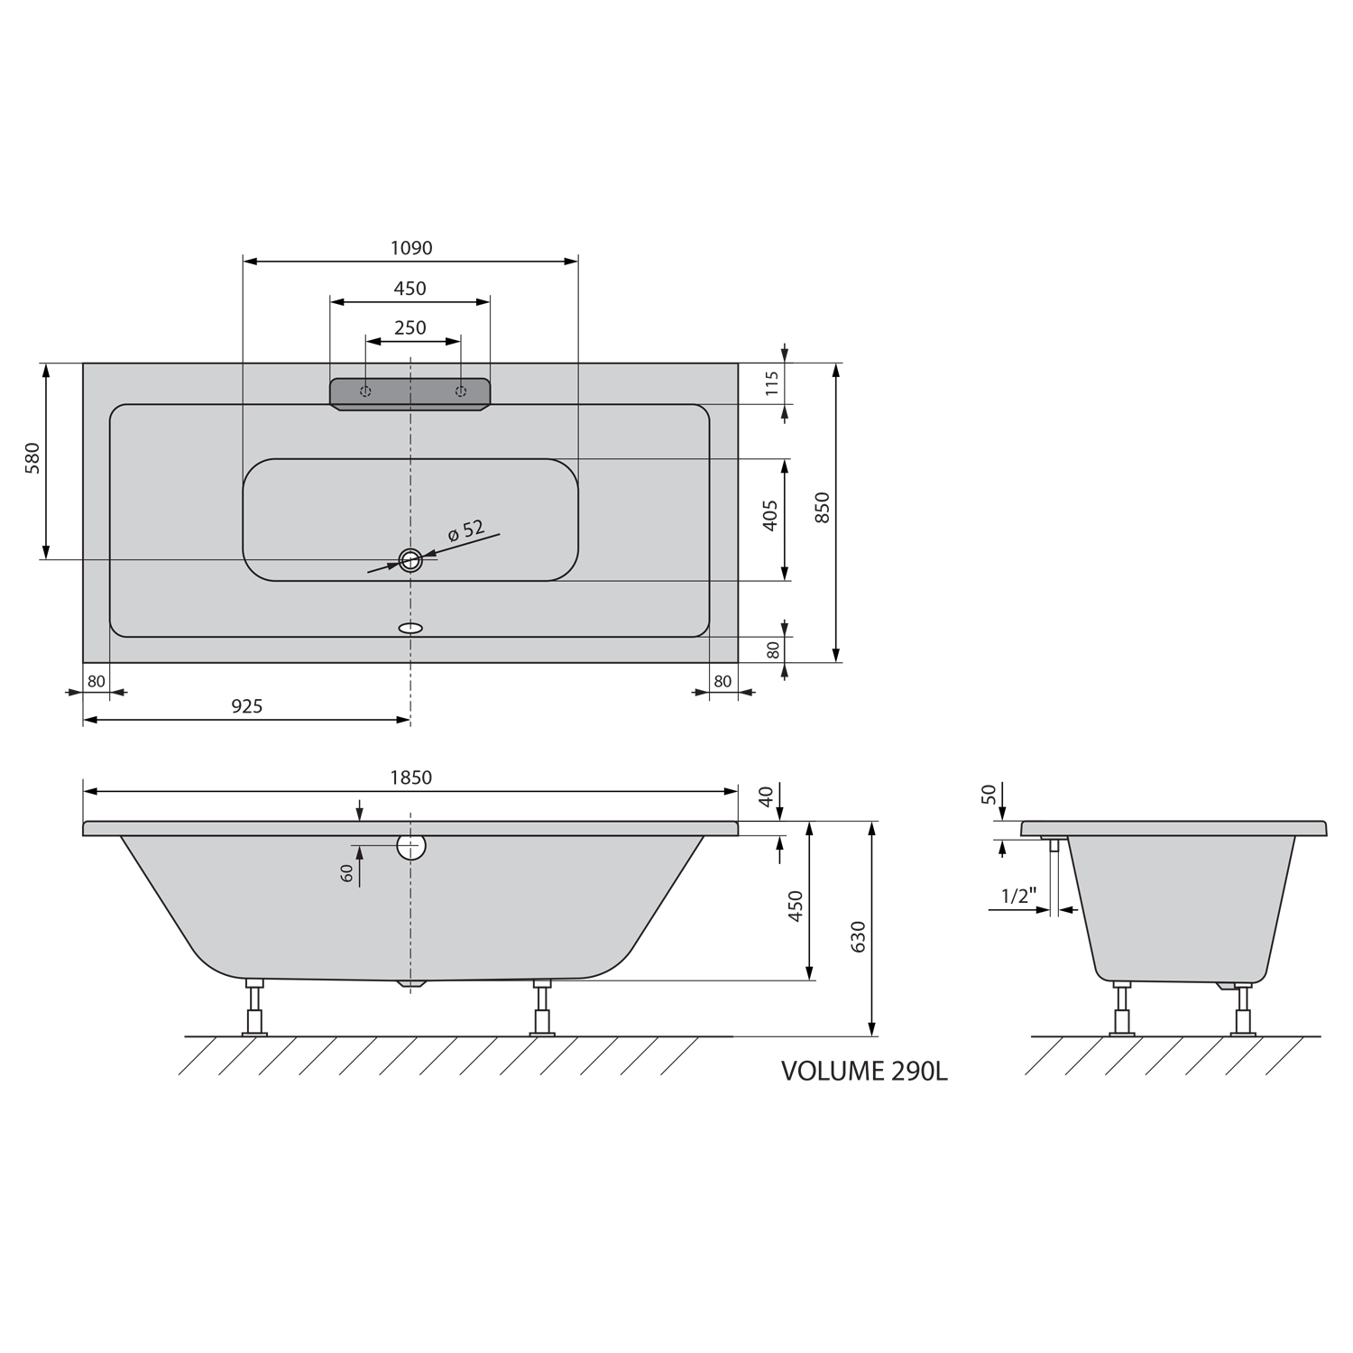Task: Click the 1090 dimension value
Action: tap(410, 247)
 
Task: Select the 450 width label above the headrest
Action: tap(410, 289)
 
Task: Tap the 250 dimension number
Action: tap(410, 327)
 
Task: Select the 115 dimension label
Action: tap(771, 383)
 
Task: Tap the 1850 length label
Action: tap(410, 778)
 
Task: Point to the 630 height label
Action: tap(858, 936)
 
